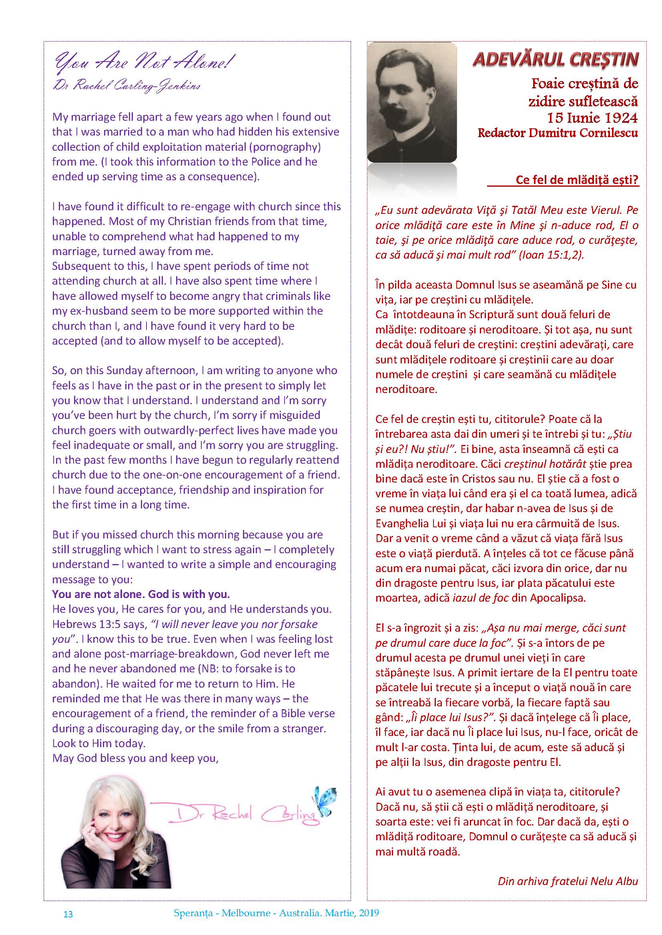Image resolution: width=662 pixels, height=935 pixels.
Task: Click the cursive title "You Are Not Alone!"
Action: coord(145,63)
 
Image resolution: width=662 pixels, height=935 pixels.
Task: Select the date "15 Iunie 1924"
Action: coord(592,118)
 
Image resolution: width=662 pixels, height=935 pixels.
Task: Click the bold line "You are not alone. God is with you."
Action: coord(141,594)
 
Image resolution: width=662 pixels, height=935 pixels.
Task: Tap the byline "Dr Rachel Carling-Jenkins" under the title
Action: coord(127,86)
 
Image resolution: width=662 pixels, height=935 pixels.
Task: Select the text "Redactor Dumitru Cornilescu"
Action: coord(558,133)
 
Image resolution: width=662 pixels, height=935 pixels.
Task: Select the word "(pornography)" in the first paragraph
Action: coord(290,147)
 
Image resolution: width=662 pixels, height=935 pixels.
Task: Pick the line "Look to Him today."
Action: coord(98,743)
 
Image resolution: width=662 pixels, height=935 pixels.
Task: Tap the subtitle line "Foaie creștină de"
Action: coord(584,84)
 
